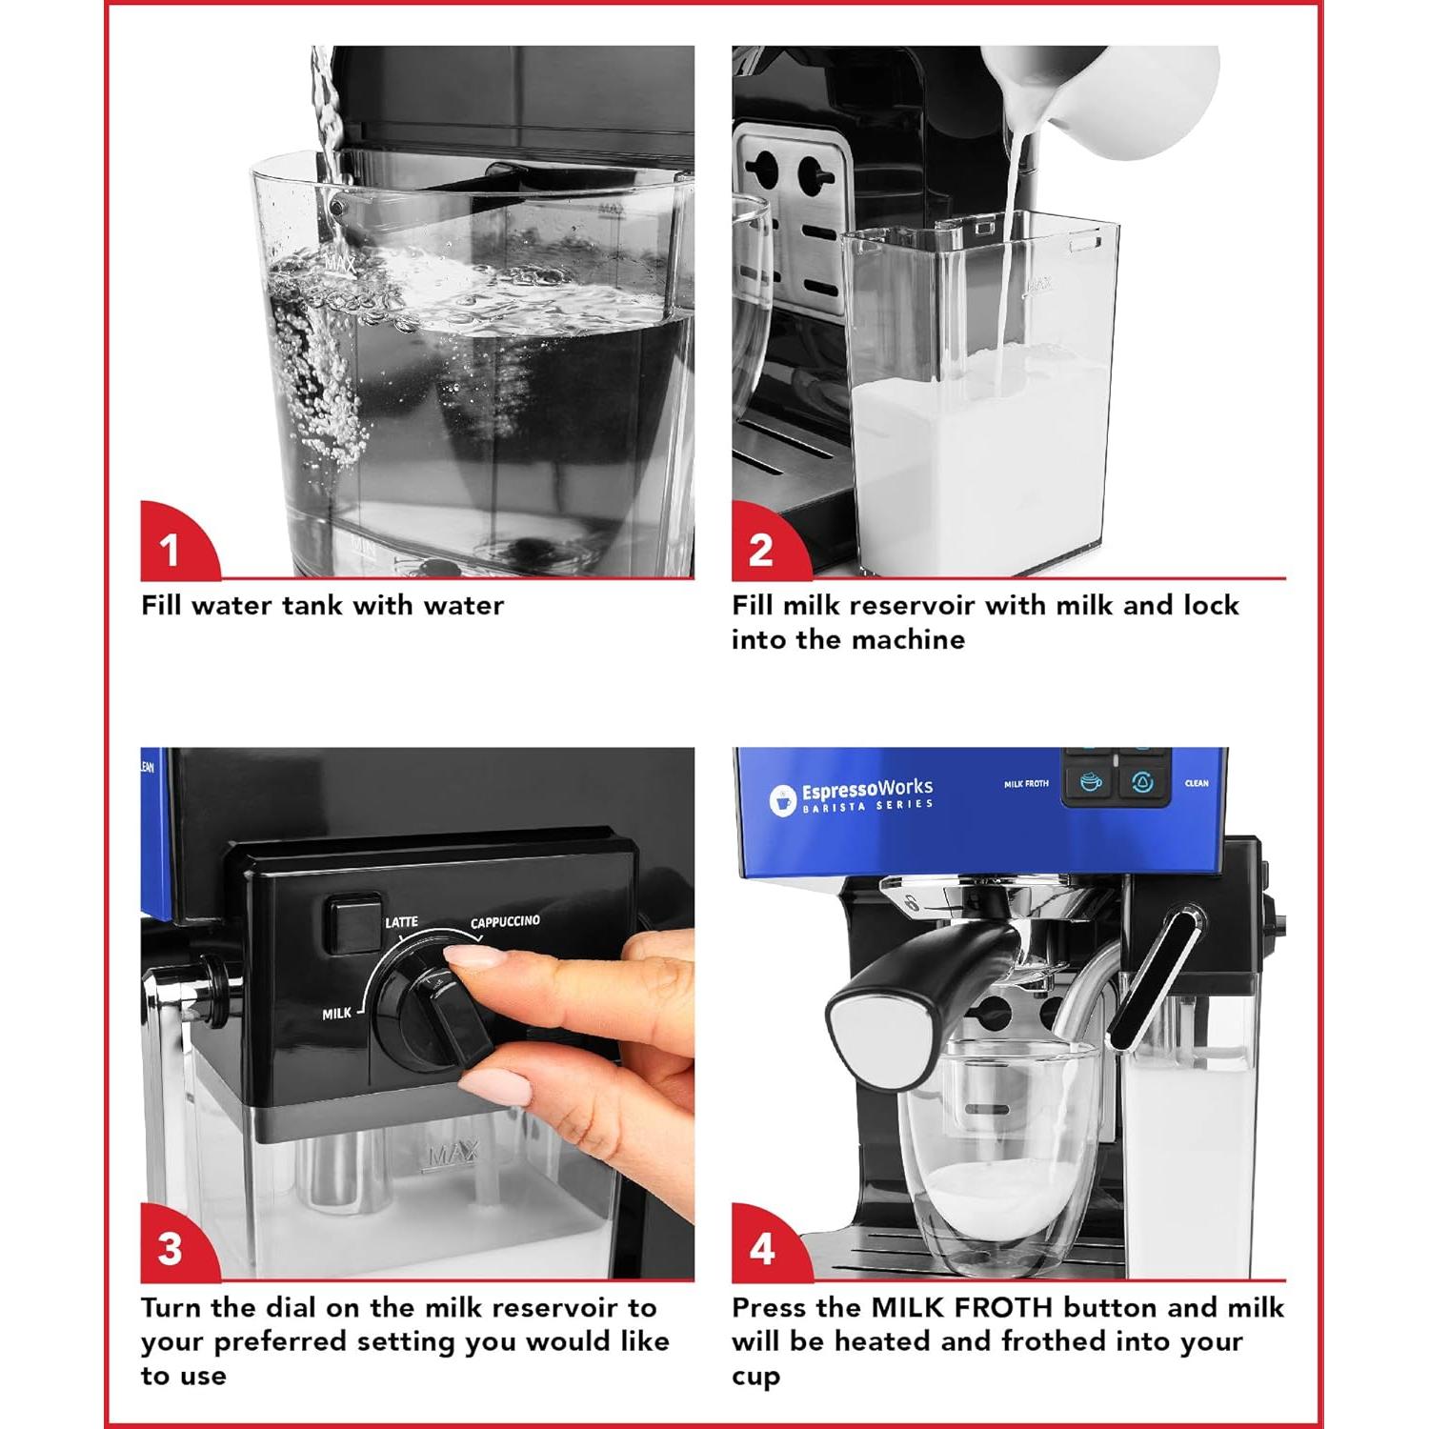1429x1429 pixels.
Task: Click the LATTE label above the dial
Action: point(401,922)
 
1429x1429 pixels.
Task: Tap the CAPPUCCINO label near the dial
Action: point(505,922)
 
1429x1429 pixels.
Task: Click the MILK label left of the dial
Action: point(336,1014)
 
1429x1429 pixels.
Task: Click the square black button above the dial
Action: point(352,922)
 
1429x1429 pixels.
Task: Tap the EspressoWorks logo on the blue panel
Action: point(851,796)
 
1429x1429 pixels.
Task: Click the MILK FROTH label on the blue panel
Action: point(1026,784)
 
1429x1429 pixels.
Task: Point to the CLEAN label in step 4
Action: point(1197,783)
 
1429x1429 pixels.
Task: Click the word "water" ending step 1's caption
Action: point(463,606)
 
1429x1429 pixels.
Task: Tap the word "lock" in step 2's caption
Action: point(1211,605)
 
